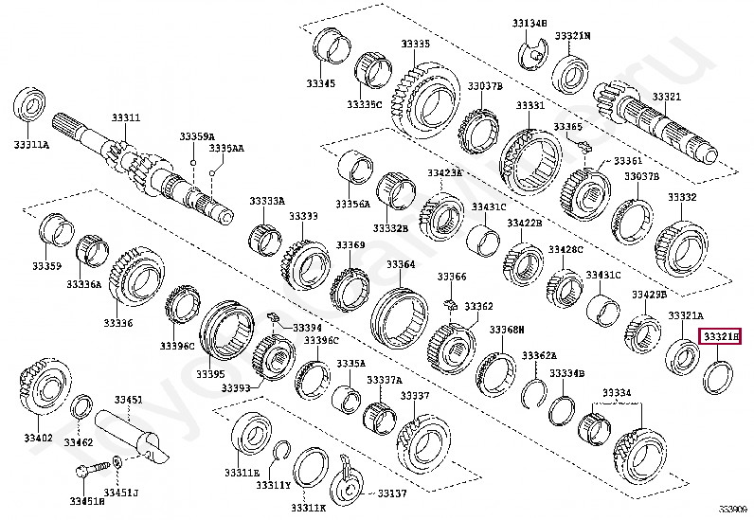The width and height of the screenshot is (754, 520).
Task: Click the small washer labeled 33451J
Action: pos(116,462)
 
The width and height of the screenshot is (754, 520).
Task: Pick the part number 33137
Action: pos(391,493)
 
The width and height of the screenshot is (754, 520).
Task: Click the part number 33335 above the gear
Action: pos(414,44)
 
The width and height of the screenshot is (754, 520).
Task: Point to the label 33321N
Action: pos(572,35)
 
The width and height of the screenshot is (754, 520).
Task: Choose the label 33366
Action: pos(451,277)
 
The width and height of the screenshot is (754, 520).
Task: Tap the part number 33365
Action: pos(567,126)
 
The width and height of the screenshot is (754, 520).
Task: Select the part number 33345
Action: pos(320,83)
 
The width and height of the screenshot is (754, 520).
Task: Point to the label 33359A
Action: pos(197,137)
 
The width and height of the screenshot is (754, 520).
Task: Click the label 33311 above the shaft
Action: pos(124,117)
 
